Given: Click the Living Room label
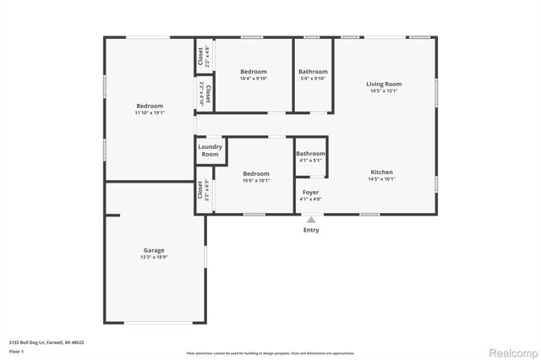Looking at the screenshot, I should pos(383,84).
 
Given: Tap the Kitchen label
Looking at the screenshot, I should pos(381,172).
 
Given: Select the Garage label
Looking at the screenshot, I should pos(153,250).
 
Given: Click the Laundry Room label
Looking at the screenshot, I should pos(210,150).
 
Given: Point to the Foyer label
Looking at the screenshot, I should pos(311,193).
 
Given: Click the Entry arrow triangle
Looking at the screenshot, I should pos(311,220).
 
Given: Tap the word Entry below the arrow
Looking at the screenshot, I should pos(311,230).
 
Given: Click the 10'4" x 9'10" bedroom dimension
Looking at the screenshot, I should pos(254,79).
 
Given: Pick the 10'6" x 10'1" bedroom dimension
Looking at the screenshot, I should pos(255,180).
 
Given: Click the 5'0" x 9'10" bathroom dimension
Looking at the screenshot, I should pos(313,79).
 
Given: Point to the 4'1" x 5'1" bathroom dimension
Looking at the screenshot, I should pos(310,161).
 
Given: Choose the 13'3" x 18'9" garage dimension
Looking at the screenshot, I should pos(153,258).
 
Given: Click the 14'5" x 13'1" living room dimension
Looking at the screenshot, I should pos(383,91).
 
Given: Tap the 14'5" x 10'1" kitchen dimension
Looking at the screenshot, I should pos(381,180).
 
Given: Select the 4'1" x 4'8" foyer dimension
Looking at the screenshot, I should pos(311,200).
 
